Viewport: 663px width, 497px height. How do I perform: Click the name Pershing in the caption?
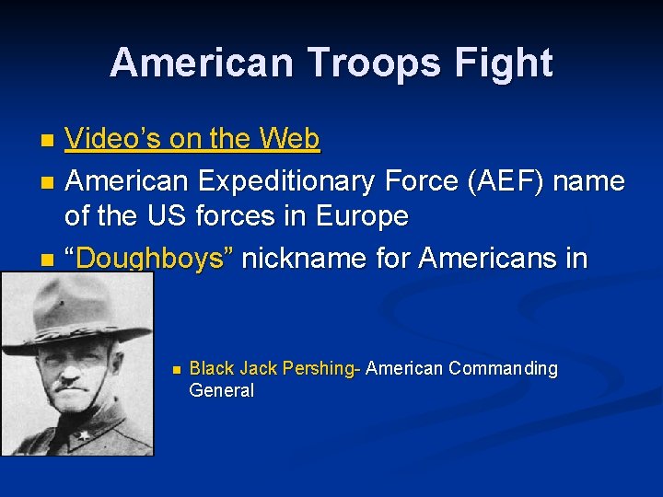pyautogui.click(x=319, y=369)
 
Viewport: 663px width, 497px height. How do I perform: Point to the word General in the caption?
pyautogui.click(x=221, y=390)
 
